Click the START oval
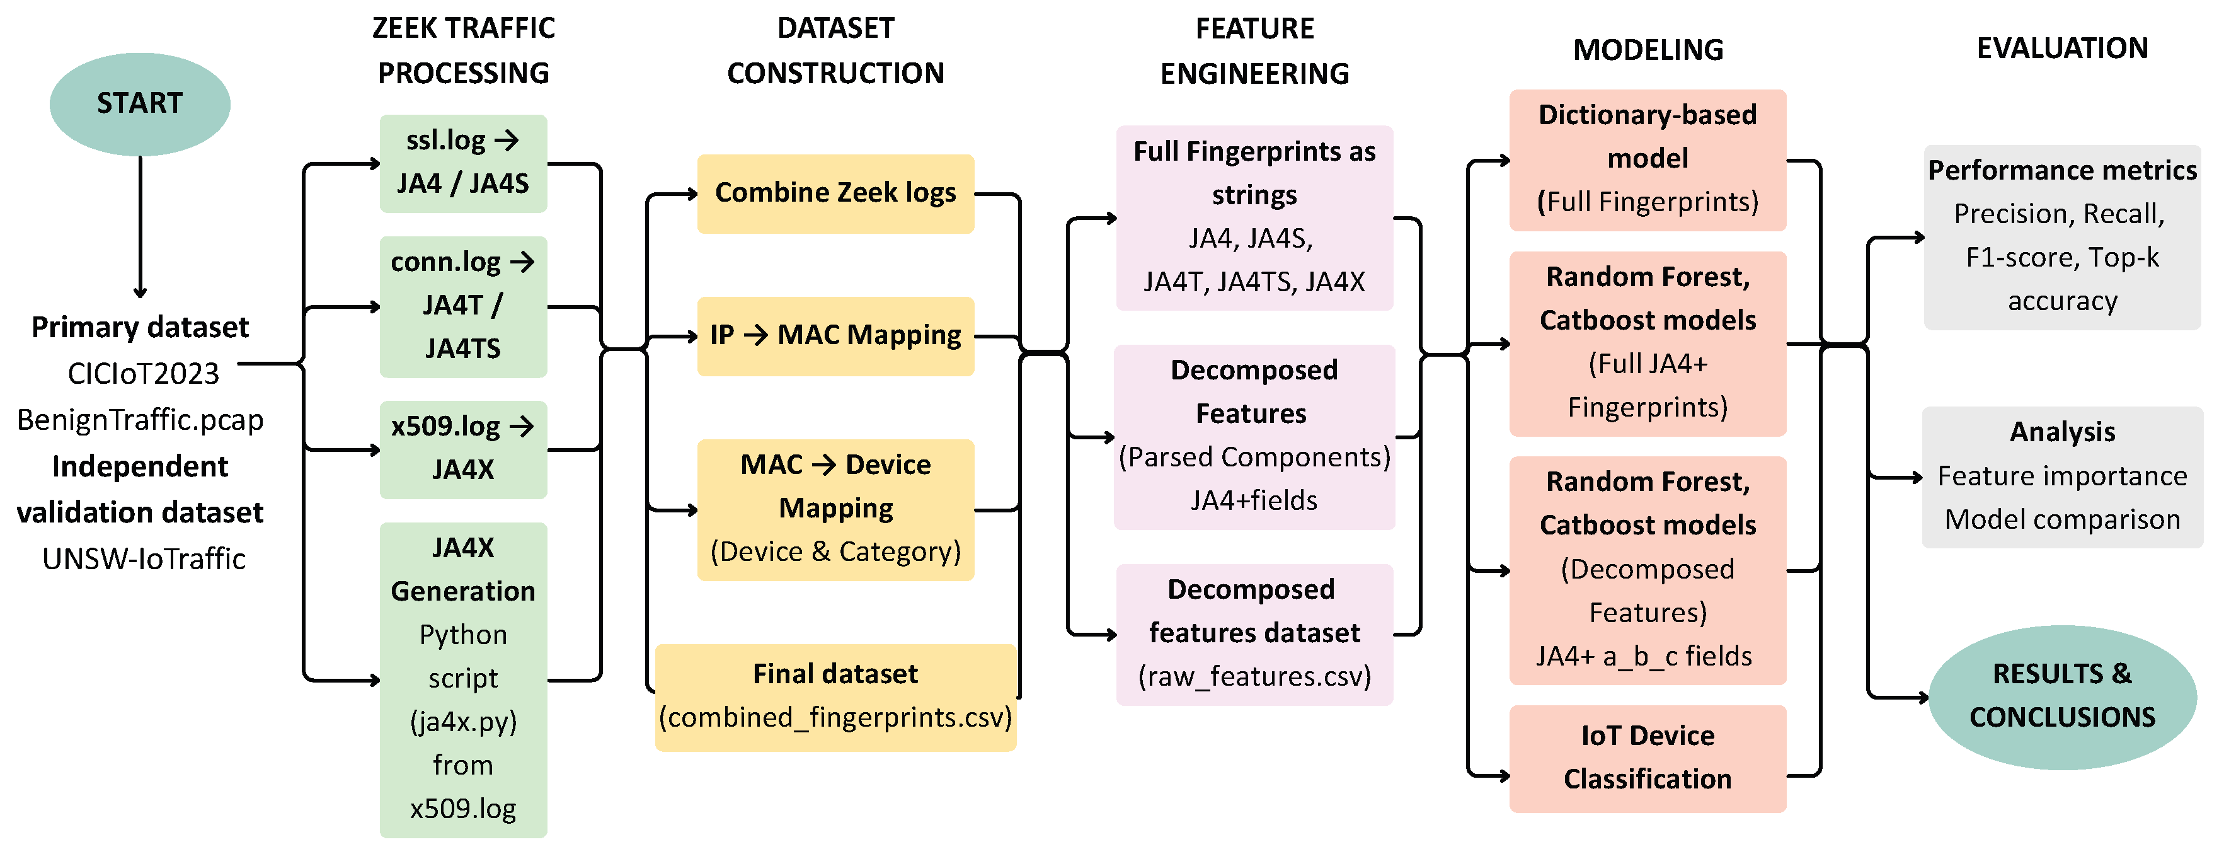click(x=140, y=103)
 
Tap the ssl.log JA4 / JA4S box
click(x=464, y=163)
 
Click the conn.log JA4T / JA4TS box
click(x=464, y=306)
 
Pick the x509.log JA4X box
click(x=464, y=449)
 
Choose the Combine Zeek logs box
click(x=835, y=193)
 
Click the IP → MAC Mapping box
click(x=835, y=336)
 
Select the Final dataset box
click(x=835, y=697)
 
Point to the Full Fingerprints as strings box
click(x=1254, y=217)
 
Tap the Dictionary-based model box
click(x=1648, y=159)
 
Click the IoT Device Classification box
click(x=1648, y=758)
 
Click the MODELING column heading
click(x=1648, y=50)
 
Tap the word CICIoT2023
click(x=143, y=374)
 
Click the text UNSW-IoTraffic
click(x=143, y=558)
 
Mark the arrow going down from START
click(x=140, y=227)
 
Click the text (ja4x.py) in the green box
click(x=464, y=721)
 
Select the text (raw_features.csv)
click(x=1254, y=676)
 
